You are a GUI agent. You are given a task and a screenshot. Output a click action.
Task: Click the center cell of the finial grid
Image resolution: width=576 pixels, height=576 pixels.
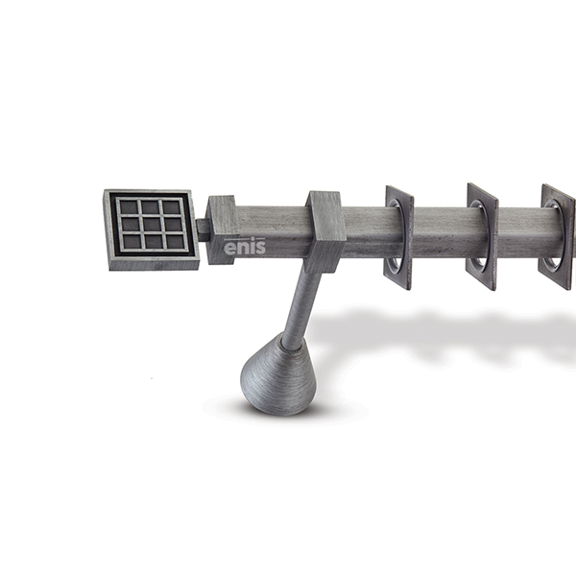[x=152, y=224]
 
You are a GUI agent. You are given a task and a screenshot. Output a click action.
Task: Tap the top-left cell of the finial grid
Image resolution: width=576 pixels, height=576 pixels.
[x=129, y=207]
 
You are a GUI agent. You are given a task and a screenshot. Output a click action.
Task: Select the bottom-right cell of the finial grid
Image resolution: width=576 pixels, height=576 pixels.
[x=175, y=242]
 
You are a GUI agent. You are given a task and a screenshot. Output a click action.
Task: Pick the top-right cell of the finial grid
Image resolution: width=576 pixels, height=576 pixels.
[x=172, y=206]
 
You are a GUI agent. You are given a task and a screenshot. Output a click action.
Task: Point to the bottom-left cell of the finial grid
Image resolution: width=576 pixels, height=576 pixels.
[x=132, y=241]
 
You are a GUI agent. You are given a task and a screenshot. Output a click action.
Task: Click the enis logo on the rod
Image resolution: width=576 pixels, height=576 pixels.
[x=245, y=246]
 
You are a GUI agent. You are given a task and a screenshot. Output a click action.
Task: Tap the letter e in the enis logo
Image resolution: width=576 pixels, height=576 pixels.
[x=229, y=248]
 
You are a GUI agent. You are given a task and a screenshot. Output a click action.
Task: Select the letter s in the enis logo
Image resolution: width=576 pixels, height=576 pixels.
[x=260, y=248]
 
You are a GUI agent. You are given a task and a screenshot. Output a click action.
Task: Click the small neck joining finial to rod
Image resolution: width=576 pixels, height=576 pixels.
[x=204, y=230]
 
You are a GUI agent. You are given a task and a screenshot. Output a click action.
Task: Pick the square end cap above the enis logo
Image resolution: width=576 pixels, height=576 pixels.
[x=221, y=230]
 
